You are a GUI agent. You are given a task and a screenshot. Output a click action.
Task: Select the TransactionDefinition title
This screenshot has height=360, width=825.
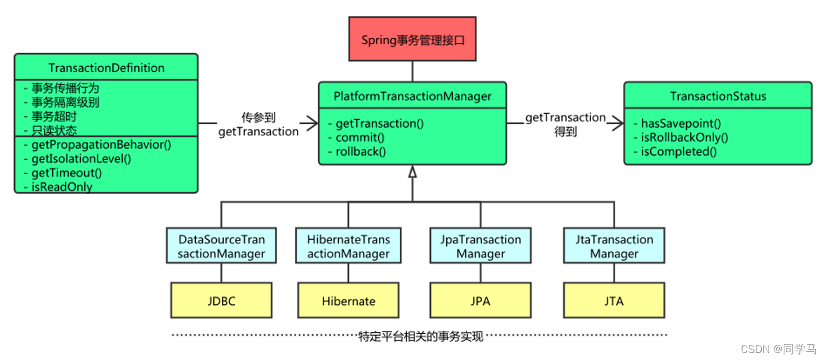click(x=106, y=68)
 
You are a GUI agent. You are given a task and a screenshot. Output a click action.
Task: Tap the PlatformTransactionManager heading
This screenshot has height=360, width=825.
click(x=412, y=96)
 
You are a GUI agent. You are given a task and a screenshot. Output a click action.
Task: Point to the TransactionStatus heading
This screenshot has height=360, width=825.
click(x=718, y=96)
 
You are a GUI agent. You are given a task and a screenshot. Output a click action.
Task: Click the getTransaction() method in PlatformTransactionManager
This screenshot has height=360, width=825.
click(x=380, y=124)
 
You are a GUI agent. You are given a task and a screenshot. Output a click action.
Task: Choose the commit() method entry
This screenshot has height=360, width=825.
click(x=361, y=138)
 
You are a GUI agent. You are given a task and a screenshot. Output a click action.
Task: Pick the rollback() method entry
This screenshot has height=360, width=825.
click(x=361, y=152)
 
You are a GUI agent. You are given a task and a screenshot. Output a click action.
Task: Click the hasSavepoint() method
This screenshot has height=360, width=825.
click(x=680, y=124)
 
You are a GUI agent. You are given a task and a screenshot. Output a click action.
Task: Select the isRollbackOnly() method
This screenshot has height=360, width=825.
click(x=684, y=138)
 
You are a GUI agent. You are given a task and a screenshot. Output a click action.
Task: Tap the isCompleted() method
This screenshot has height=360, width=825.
click(x=679, y=152)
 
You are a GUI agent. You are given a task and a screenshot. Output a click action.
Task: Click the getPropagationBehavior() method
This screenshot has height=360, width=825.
click(x=101, y=145)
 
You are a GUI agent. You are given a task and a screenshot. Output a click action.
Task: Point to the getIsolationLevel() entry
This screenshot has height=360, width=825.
click(x=81, y=159)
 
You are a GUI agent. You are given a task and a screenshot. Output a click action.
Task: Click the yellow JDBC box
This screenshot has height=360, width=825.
click(x=221, y=301)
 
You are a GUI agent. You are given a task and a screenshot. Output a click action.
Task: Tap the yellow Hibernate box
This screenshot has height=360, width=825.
click(x=349, y=301)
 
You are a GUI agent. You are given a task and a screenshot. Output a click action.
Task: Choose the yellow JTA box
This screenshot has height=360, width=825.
click(x=614, y=301)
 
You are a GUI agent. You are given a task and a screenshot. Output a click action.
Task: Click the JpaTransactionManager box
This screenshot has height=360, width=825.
click(x=480, y=246)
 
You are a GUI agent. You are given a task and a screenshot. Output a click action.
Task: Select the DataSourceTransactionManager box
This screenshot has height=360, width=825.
click(x=221, y=246)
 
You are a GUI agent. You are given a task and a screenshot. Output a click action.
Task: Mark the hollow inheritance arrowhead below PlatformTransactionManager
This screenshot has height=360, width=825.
click(x=412, y=171)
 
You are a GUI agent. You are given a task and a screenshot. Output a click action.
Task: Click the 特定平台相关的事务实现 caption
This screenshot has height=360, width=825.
click(x=421, y=336)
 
